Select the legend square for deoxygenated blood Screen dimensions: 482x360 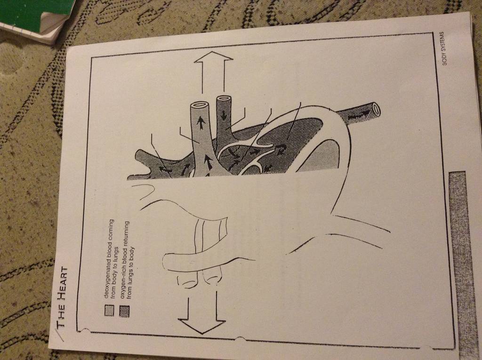click(109, 310)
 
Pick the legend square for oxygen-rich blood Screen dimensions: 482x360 click(125, 311)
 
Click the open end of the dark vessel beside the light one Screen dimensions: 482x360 click(225, 100)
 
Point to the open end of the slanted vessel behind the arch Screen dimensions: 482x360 click(375, 108)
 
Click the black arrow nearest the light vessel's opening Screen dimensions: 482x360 click(201, 124)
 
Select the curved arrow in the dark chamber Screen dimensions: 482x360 click(281, 150)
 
